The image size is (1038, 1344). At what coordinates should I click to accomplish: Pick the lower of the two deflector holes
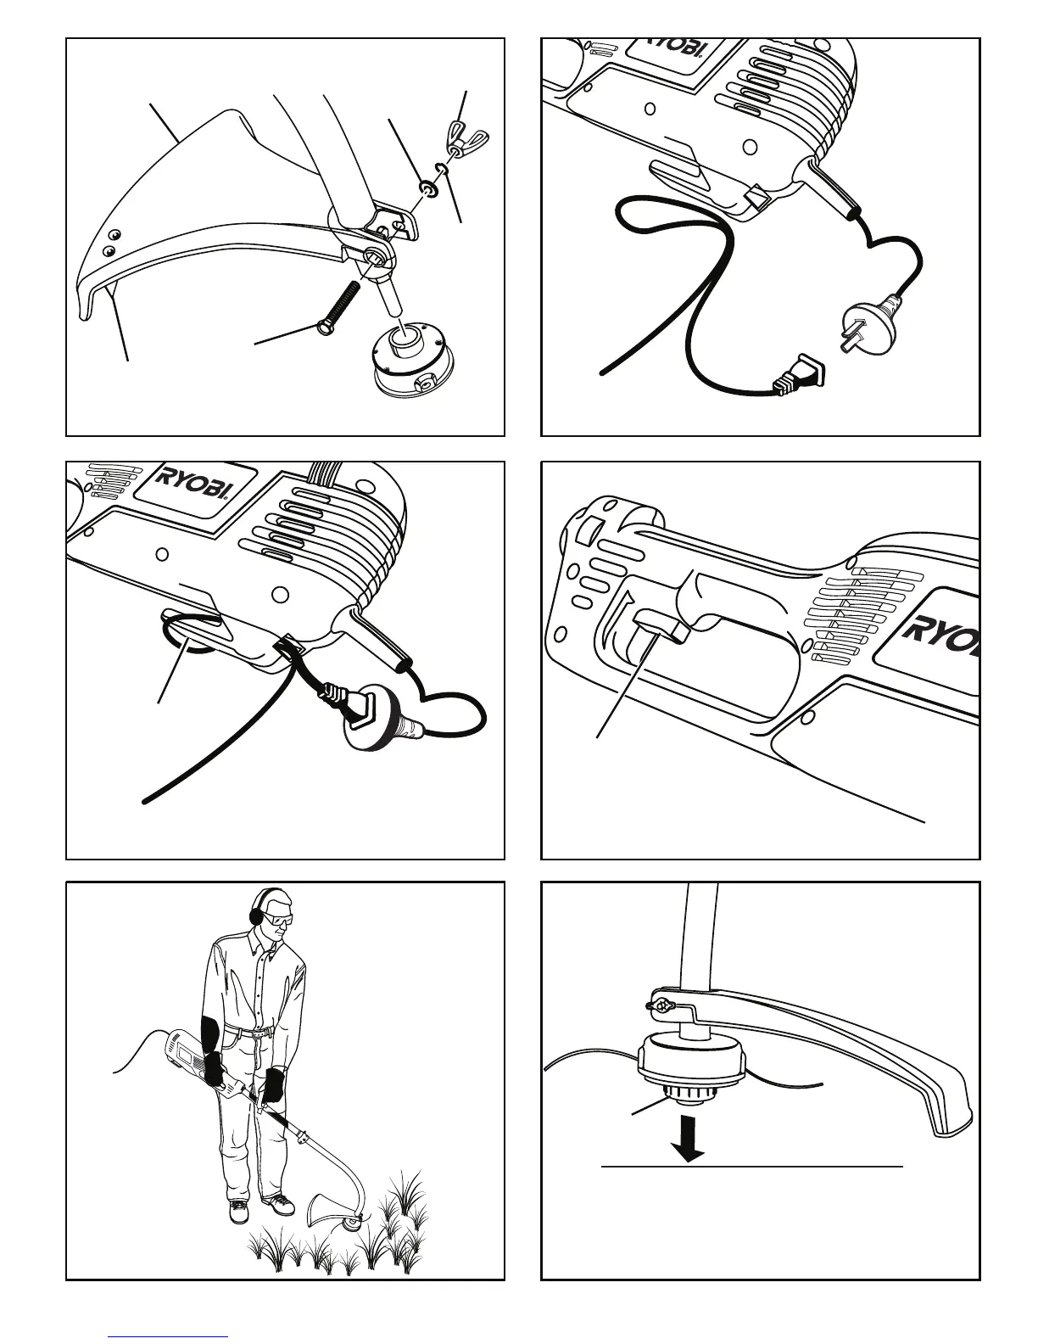click(x=108, y=250)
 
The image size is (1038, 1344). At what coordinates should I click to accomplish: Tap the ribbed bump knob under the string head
click(x=687, y=1096)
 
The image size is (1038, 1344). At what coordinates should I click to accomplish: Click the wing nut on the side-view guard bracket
click(x=659, y=1006)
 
